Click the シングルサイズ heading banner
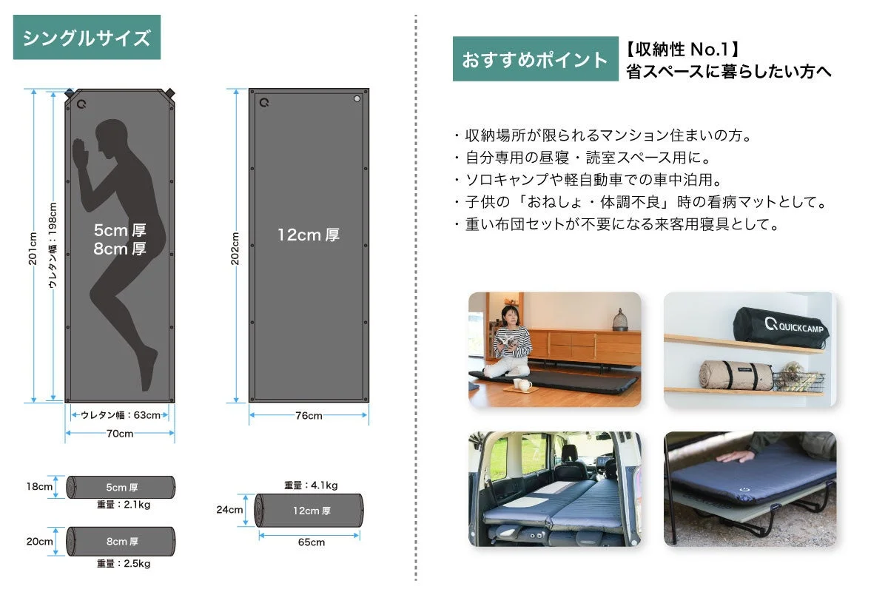pos(87,38)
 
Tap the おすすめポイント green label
pos(535,59)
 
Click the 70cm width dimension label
pos(120,434)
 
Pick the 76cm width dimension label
pos(309,416)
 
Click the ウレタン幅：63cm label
pos(121,415)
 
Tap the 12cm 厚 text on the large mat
pos(309,235)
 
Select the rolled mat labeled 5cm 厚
pos(121,487)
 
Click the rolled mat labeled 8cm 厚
pos(121,541)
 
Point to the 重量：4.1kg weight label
pos(311,485)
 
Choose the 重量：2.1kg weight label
pos(124,505)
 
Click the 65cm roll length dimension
pos(312,542)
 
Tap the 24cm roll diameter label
pos(229,510)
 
